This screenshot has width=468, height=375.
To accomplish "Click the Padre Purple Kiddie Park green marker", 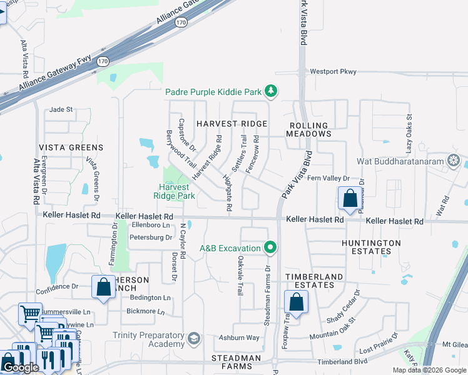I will point(270,92).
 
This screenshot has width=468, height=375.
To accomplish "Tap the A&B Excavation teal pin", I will point(270,248).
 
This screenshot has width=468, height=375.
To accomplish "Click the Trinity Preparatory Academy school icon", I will point(194,339).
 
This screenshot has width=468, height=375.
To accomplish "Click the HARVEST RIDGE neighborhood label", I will point(231,124).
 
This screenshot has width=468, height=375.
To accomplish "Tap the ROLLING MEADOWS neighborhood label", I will point(308,129).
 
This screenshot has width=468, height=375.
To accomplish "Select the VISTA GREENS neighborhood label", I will point(71,147).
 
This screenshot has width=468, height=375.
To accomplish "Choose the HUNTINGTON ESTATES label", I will point(372,247).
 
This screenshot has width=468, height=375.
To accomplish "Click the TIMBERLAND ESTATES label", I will point(314,281).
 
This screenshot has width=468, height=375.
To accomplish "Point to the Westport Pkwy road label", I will point(333,72).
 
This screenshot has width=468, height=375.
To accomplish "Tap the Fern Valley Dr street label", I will point(327,179).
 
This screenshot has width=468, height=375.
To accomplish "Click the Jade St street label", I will point(61,109).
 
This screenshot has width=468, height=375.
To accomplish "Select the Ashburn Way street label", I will point(239,337).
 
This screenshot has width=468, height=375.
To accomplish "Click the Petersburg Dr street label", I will point(150,237).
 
